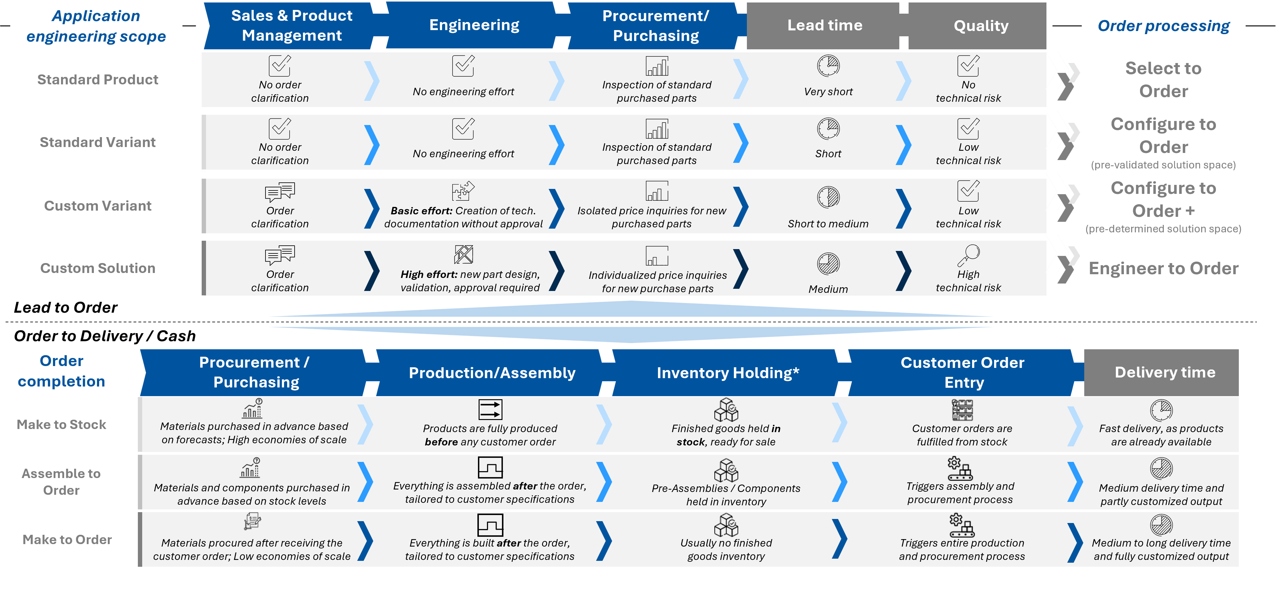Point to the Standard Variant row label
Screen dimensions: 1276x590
pyautogui.click(x=98, y=142)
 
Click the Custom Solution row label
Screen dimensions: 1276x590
pyautogui.click(x=98, y=268)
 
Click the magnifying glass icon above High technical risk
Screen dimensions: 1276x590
pyautogui.click(x=968, y=255)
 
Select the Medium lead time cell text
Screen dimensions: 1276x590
pyautogui.click(x=828, y=289)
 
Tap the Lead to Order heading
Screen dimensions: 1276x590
pyautogui.click(x=65, y=307)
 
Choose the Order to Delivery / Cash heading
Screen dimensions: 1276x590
pyautogui.click(x=105, y=336)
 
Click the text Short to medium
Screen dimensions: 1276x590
pyautogui.click(x=828, y=224)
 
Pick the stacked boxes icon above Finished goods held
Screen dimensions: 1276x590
pyautogui.click(x=726, y=409)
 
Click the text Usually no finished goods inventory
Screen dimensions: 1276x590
pyautogui.click(x=726, y=549)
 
